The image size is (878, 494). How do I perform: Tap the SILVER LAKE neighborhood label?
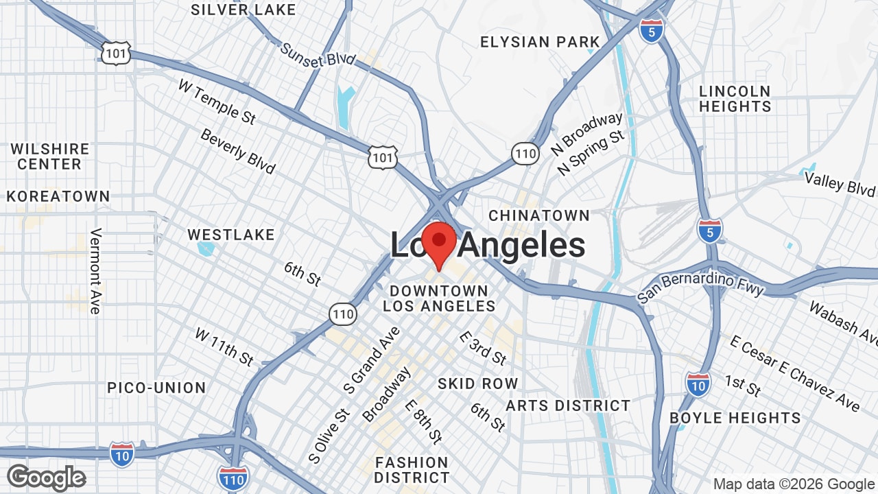tap(244, 10)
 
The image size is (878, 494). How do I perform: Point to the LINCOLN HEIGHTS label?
tap(735, 99)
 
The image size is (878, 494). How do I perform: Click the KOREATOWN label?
tap(58, 196)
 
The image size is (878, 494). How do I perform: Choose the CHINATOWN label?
tap(539, 215)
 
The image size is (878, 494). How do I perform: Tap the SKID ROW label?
tap(477, 384)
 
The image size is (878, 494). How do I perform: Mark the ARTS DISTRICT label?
tap(568, 405)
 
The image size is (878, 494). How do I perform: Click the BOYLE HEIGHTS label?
tap(735, 418)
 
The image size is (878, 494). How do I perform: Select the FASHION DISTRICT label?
tap(412, 470)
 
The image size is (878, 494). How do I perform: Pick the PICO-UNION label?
tap(156, 388)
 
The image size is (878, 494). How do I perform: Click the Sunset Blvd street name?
tap(318, 55)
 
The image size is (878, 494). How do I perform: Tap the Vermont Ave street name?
tap(95, 271)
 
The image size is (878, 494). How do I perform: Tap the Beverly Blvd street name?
tap(237, 151)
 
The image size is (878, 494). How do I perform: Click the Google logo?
tap(47, 478)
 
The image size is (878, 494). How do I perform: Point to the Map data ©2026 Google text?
tap(794, 484)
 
